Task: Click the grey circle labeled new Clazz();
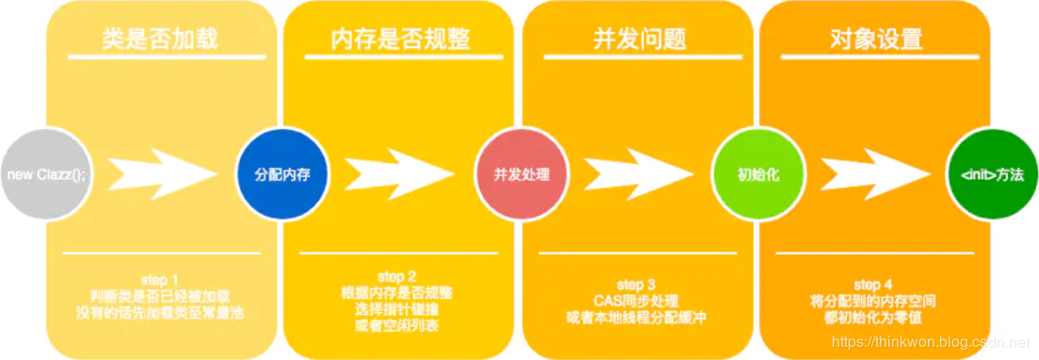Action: click(x=42, y=174)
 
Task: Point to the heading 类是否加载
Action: click(x=160, y=40)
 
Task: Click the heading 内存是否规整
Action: click(x=400, y=40)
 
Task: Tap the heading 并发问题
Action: click(x=639, y=40)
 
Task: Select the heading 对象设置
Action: click(x=876, y=40)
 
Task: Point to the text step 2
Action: click(x=397, y=276)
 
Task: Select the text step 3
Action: click(x=638, y=285)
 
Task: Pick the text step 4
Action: click(x=868, y=285)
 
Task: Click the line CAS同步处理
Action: click(x=638, y=301)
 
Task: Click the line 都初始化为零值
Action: click(x=868, y=318)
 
